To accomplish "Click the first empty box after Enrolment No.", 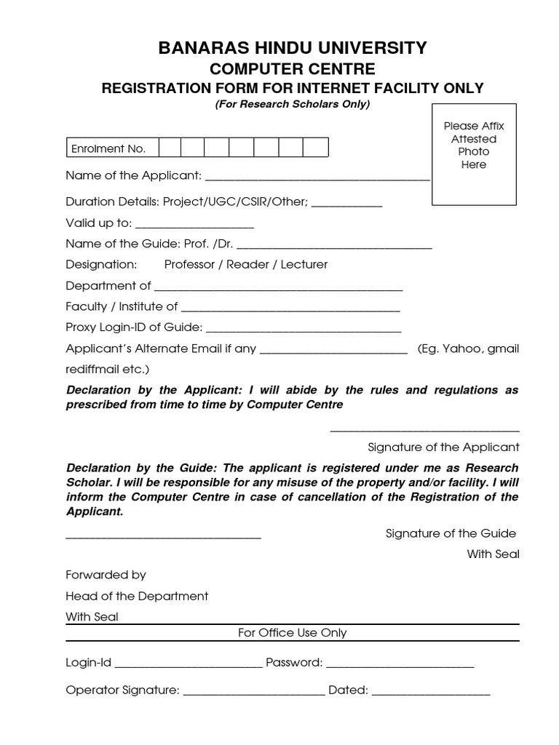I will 170,148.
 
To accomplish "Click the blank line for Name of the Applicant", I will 318,177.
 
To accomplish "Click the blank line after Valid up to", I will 194,225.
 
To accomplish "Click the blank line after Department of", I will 278,287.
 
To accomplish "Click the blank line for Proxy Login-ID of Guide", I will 304,329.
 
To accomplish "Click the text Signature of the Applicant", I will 443,447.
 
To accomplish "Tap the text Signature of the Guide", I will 451,533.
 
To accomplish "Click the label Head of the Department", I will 137,596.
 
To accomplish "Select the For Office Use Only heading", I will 293,633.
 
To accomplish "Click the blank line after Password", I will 400,664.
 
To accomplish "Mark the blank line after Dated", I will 431,692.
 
